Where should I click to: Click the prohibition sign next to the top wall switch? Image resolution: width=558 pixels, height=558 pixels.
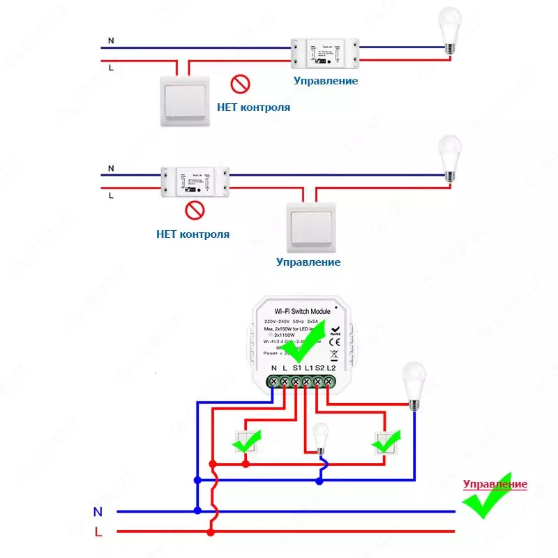240,85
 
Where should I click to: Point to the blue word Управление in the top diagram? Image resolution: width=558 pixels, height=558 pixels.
326,81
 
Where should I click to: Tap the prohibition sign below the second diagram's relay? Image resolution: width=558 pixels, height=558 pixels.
195,210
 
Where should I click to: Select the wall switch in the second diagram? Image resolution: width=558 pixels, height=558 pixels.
311,227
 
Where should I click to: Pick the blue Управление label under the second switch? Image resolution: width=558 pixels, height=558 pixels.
308,262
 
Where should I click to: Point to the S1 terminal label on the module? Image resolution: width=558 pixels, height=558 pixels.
296,368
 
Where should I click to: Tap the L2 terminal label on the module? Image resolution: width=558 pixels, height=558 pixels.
331,368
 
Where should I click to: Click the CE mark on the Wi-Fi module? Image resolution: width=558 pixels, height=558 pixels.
334,342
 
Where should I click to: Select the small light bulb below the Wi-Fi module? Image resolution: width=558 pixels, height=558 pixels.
320,438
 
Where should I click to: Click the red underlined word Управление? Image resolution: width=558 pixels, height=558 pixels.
495,484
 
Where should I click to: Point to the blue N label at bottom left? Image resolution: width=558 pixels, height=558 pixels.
98,511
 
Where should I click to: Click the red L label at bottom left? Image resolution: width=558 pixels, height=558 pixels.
98,532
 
